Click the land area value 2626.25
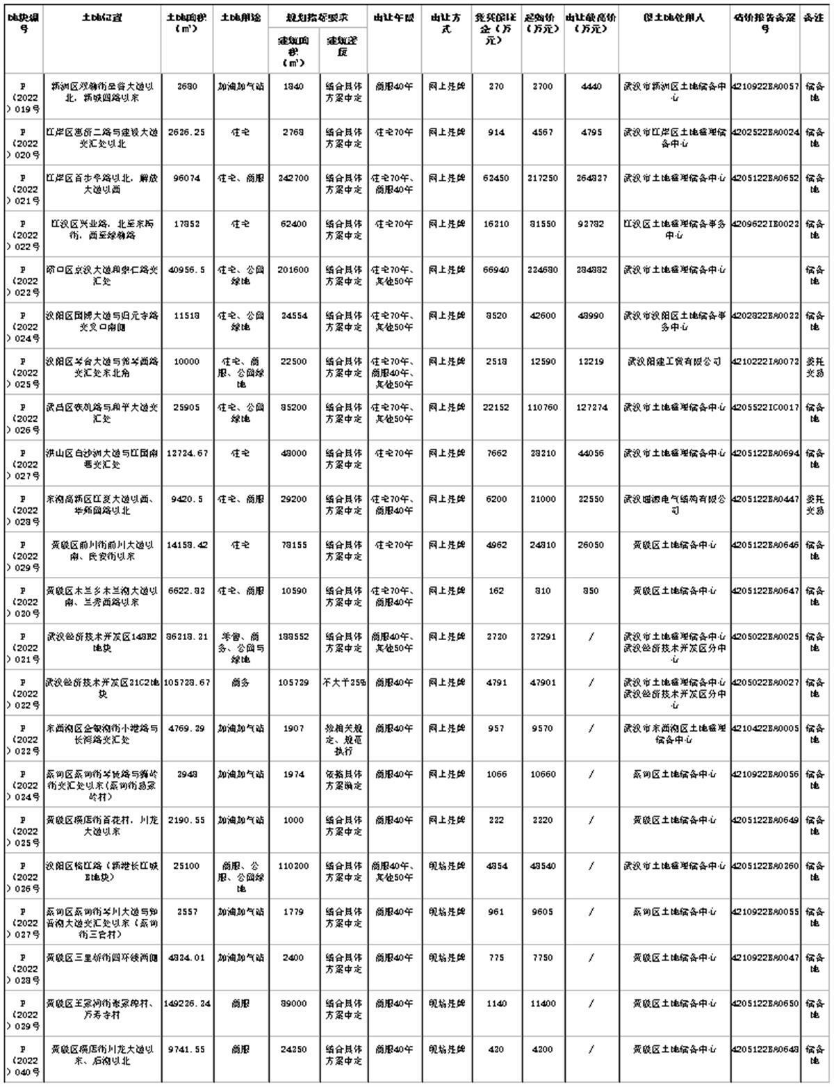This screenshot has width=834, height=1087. [x=187, y=133]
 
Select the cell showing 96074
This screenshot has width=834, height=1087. [x=187, y=179]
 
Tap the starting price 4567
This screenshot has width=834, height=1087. [x=542, y=133]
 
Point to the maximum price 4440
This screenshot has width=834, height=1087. [x=591, y=87]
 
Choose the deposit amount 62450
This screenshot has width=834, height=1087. [x=496, y=179]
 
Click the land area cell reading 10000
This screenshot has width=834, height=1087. [x=187, y=362]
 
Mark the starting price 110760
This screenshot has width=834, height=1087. [x=542, y=408]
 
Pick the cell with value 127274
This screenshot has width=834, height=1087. [x=591, y=408]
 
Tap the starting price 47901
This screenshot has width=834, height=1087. [x=542, y=683]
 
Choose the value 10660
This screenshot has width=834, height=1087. [x=542, y=775]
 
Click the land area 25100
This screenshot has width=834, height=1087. [x=187, y=867]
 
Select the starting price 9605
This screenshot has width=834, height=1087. [x=542, y=913]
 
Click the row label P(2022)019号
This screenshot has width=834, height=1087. [x=23, y=97]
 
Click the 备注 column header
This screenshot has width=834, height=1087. [x=815, y=18]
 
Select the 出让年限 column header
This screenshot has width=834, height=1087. [x=393, y=18]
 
